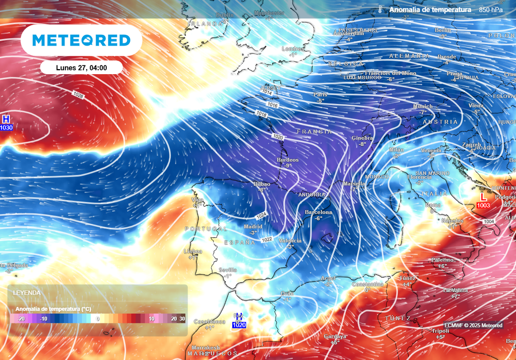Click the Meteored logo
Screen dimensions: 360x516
(81, 40)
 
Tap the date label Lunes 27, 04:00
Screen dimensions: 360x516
(81, 68)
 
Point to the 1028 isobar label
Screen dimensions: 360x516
(78, 95)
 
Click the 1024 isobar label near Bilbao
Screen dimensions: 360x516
(262, 215)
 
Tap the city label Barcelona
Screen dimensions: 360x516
(318, 212)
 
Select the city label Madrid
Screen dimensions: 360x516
(253, 227)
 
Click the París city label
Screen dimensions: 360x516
(320, 94)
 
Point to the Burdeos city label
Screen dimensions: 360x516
(288, 160)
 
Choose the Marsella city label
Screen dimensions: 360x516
(354, 184)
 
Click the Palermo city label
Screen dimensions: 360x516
(442, 260)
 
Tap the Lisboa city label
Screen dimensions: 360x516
(193, 251)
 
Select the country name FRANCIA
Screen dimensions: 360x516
(314, 132)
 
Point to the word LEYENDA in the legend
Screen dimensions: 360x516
(27, 293)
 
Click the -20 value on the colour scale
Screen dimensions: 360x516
(21, 319)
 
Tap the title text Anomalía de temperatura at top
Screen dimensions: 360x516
(430, 10)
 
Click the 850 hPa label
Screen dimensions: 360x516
(491, 10)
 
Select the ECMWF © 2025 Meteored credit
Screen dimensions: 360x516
(473, 325)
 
